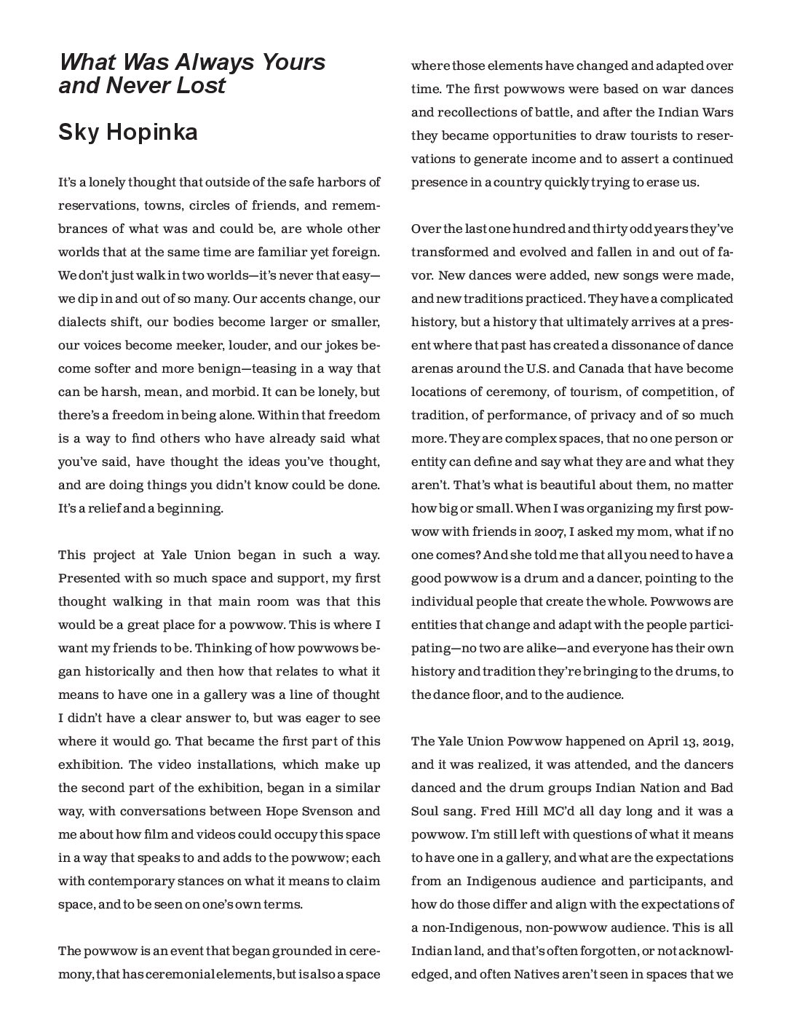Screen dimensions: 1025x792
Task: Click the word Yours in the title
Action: [x=292, y=62]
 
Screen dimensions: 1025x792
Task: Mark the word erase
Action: [x=660, y=182]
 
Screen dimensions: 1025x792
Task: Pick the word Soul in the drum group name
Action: [x=427, y=811]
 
